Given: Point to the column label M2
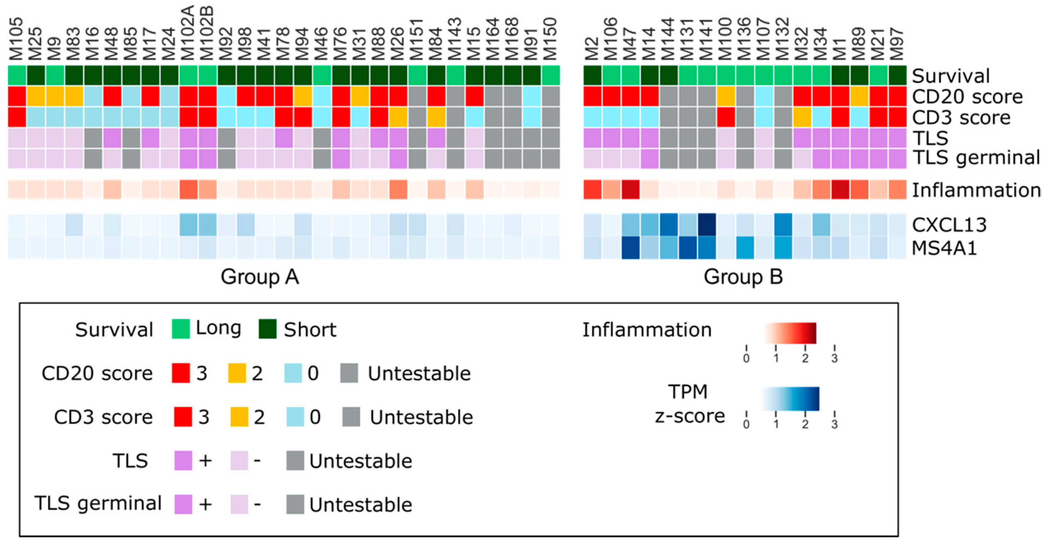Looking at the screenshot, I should pos(592,47).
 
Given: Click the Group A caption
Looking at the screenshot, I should pos(260,277).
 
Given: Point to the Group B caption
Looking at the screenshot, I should pos(743,277).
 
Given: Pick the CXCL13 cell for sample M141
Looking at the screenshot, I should pos(707,225).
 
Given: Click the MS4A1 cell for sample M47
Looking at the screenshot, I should pos(630,248).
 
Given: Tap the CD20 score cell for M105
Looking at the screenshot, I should pos(17,97).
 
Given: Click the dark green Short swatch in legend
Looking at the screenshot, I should pos(268,329).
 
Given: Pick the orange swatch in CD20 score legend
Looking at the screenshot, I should pos(237,373).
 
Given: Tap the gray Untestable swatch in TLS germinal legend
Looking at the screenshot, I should pos(295,504).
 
